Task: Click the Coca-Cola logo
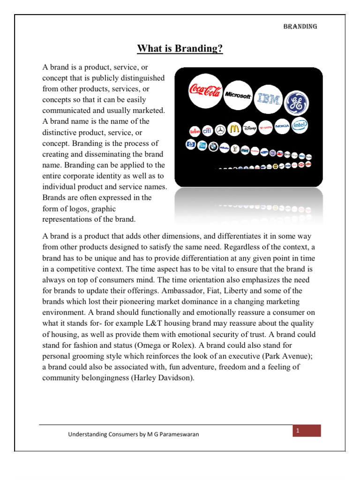pos(204,91)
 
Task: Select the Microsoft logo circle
pos(238,95)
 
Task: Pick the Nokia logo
pos(282,126)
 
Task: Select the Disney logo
pos(250,128)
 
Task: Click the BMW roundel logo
pos(213,146)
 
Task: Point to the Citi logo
pos(207,130)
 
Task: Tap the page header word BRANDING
pos(300,26)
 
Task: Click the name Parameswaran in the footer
pos(179,435)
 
